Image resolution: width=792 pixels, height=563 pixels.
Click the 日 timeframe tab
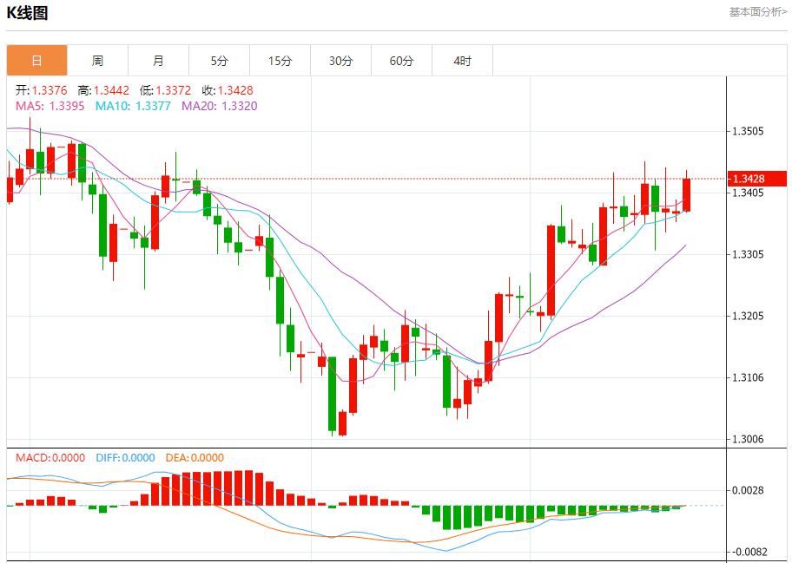click(x=36, y=61)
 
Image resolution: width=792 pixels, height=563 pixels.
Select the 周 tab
click(x=97, y=61)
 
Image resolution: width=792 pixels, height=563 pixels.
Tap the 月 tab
click(x=158, y=61)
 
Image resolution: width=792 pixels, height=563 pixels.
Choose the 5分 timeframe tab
click(x=219, y=61)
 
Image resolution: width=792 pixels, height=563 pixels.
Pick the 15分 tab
click(x=280, y=61)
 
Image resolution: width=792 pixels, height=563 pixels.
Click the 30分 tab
click(x=341, y=61)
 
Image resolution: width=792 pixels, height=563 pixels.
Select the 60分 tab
click(x=402, y=61)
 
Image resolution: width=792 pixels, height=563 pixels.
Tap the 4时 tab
click(x=463, y=61)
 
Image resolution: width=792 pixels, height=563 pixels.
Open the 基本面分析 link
click(x=757, y=12)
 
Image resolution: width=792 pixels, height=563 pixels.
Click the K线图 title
click(x=27, y=13)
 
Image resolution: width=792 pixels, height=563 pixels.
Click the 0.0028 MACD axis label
click(x=749, y=490)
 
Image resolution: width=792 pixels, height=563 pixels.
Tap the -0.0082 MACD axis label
click(x=749, y=552)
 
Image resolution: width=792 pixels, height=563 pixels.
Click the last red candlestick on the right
click(x=687, y=194)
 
